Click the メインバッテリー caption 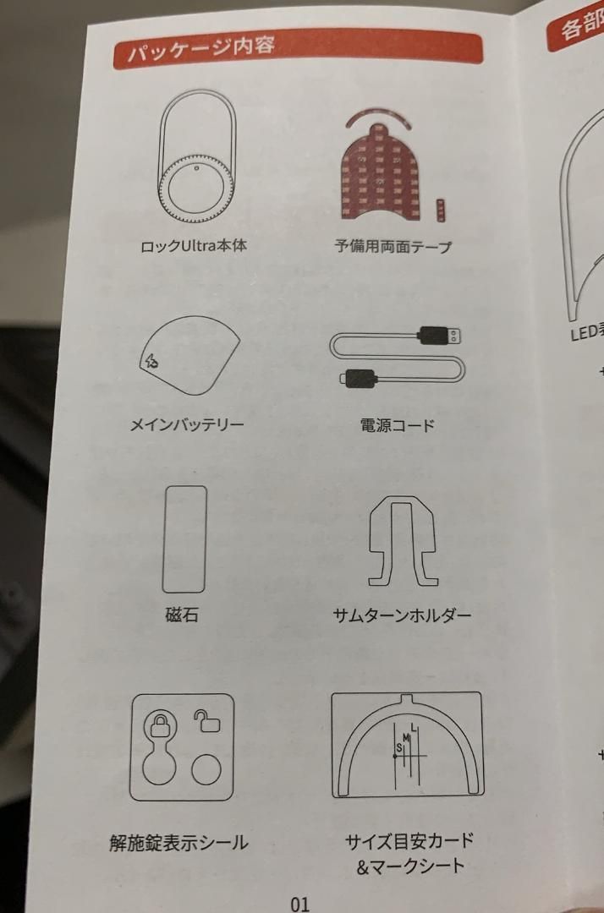pos(186,424)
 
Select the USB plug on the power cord pos(439,337)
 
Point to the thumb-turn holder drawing pos(404,541)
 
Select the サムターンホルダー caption pos(402,615)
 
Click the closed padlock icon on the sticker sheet pos(162,725)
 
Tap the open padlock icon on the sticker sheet pos(206,720)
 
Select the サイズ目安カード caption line pos(409,840)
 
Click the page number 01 pos(299,903)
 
